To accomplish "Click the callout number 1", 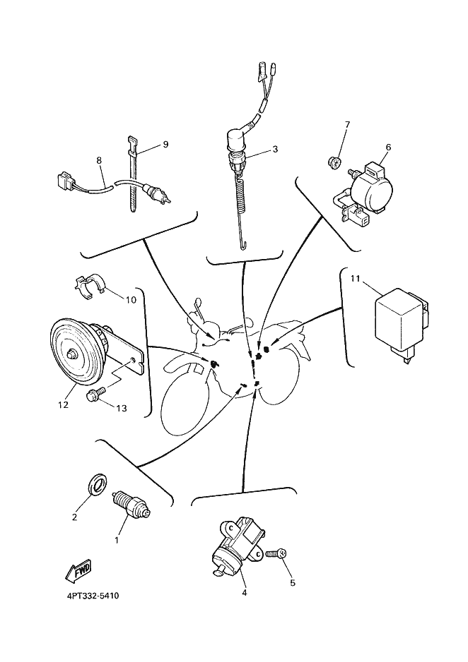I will (117, 541).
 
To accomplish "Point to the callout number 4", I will (244, 593).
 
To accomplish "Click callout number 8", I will (99, 161).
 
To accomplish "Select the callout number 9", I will (165, 145).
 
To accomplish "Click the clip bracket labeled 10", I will (90, 287).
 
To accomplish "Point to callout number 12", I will (63, 405).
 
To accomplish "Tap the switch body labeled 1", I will (131, 505).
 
